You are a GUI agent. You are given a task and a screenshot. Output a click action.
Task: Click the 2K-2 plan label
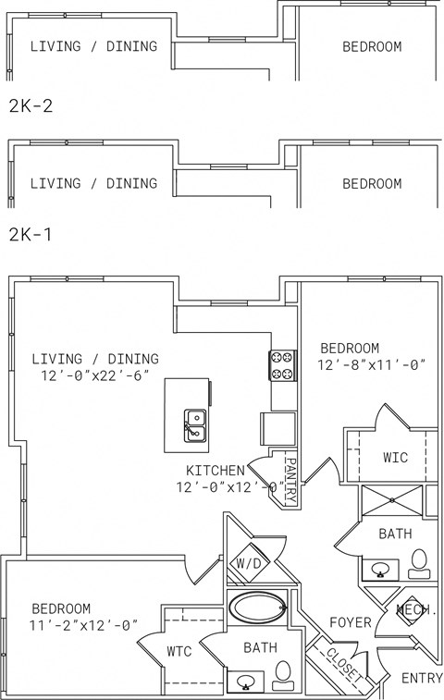point(31,105)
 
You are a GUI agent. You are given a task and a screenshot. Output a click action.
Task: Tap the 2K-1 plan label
point(31,235)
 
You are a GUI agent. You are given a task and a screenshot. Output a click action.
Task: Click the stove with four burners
point(282,365)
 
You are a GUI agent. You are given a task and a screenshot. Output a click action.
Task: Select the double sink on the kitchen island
point(194,425)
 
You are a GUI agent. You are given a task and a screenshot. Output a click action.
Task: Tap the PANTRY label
point(290,481)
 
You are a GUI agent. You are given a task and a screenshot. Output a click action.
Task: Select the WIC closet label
point(396,457)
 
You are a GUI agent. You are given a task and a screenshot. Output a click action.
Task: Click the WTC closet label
point(179,651)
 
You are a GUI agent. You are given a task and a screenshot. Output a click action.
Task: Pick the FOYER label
point(350,622)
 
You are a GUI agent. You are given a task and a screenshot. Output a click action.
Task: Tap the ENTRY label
point(421,678)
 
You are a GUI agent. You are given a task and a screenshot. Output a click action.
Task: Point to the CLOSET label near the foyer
point(344,664)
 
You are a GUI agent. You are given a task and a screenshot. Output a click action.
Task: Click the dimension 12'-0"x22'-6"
point(93,375)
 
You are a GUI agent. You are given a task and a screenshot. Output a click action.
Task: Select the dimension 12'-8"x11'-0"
point(372,365)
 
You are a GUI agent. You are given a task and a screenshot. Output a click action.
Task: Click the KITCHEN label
point(216,470)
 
